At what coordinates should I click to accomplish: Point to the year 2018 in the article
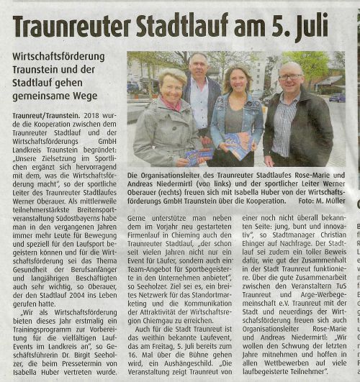coord(94,115)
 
